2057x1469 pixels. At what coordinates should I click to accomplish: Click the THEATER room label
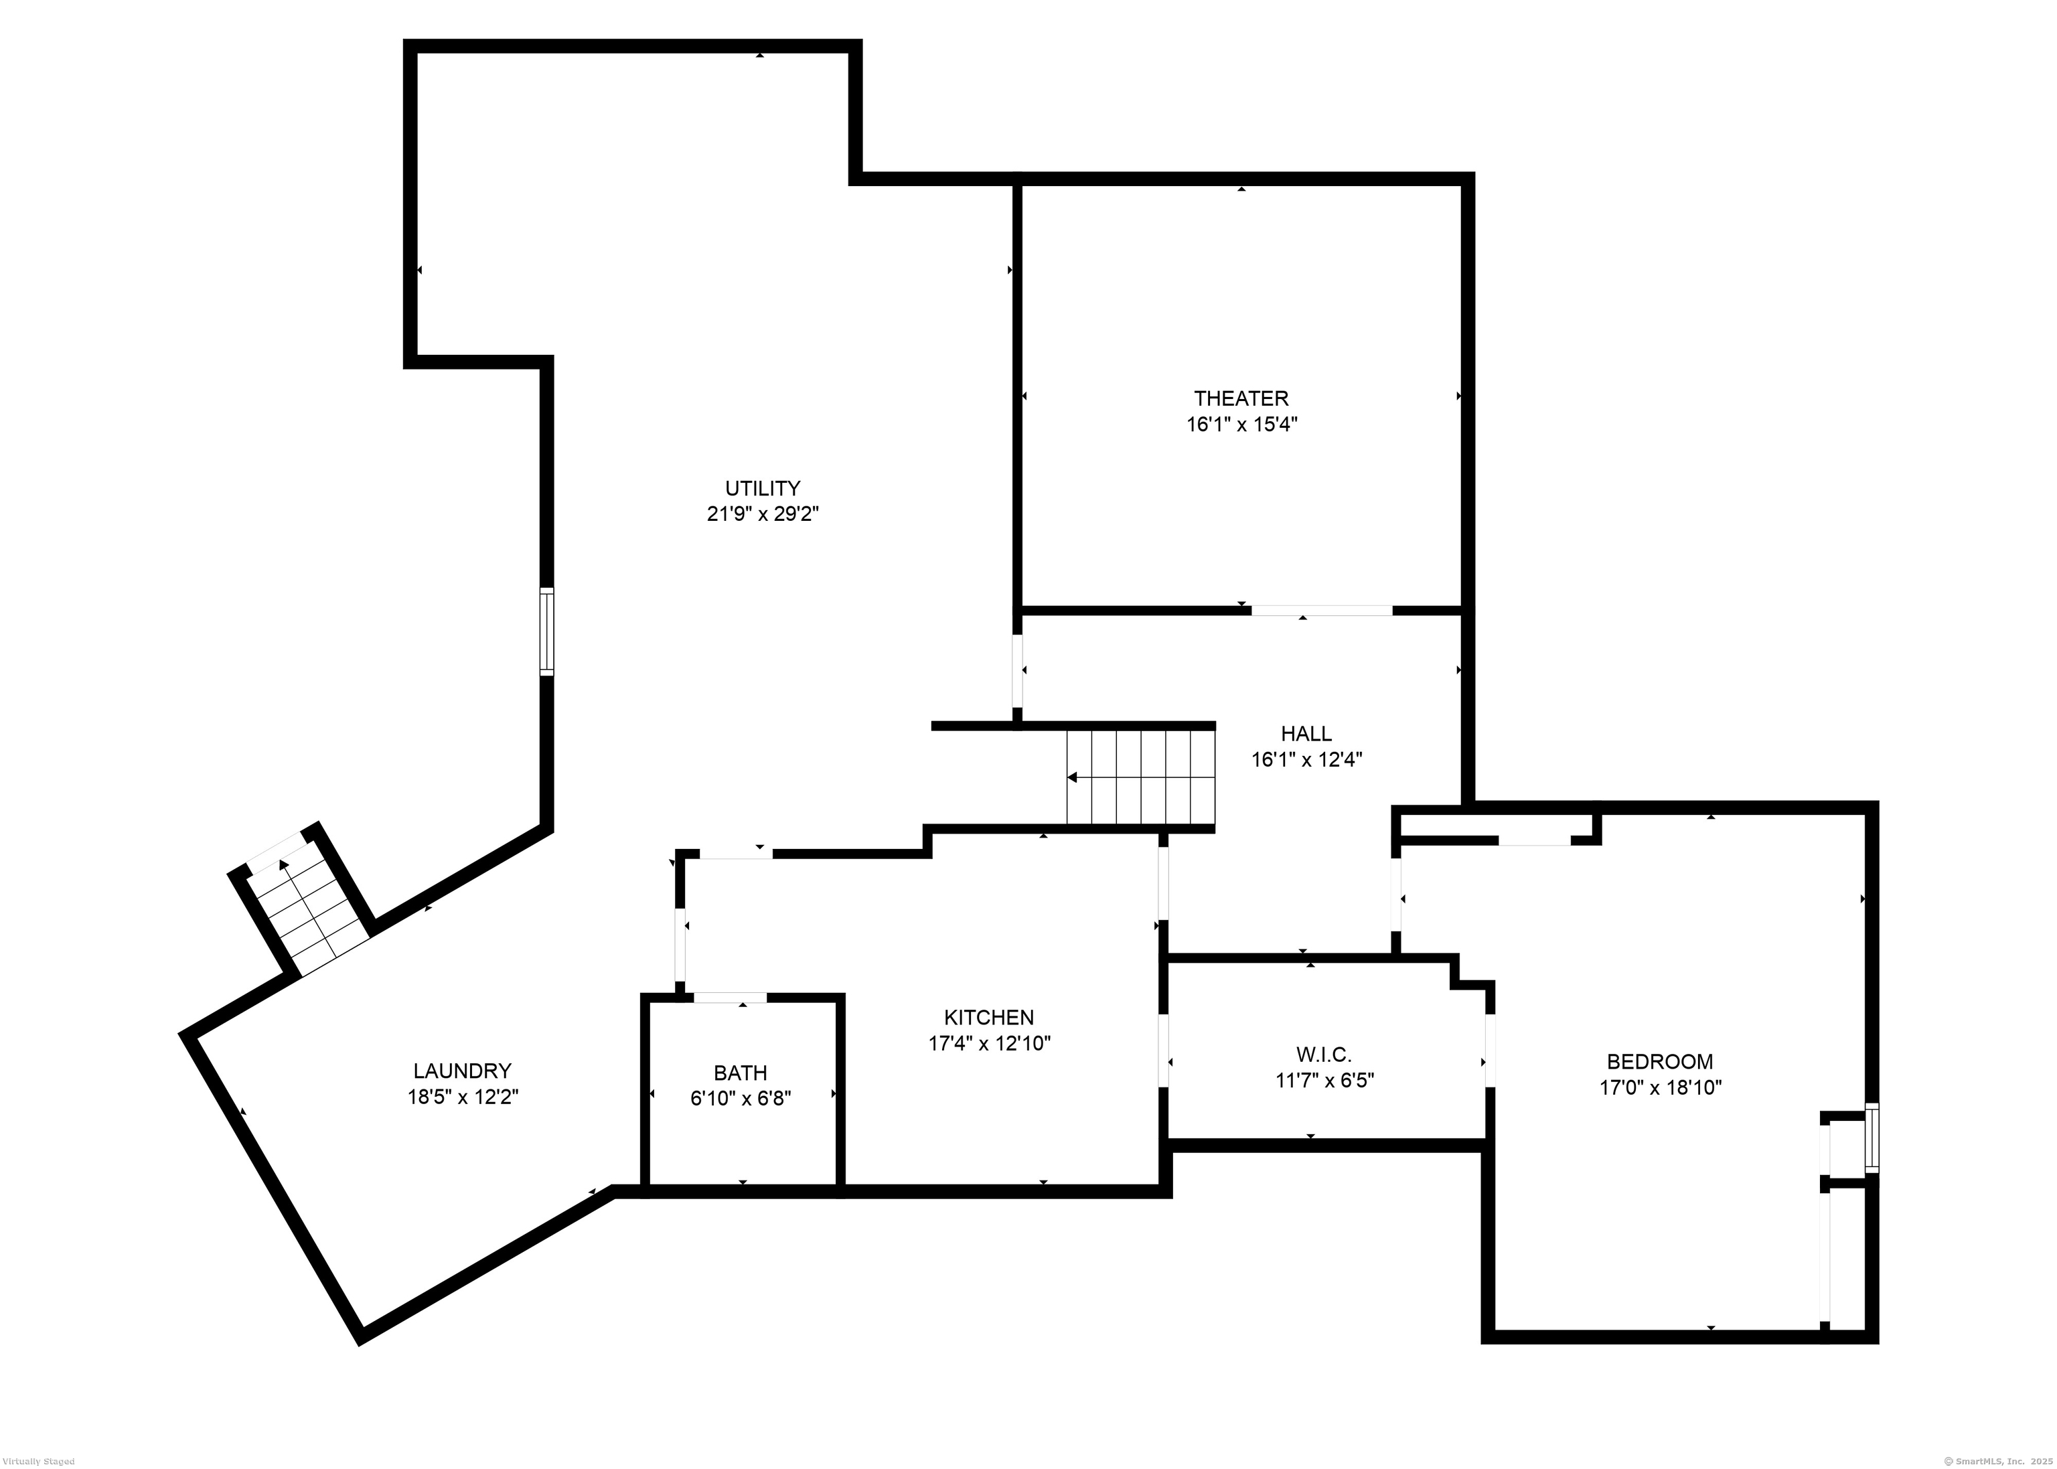(1240, 398)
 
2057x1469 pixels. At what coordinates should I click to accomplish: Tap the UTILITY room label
(763, 489)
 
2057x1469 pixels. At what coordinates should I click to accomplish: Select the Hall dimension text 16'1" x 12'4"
(1306, 760)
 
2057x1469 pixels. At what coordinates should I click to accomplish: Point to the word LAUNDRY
(462, 1071)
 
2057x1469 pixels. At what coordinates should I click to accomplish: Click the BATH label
(740, 1073)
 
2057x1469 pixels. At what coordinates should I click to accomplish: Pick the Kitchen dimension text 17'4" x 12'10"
(989, 1043)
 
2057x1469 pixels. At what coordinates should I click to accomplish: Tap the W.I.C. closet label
(1323, 1055)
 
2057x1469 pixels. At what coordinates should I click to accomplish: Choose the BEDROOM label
(1659, 1061)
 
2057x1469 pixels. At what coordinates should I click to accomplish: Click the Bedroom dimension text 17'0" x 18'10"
(1660, 1087)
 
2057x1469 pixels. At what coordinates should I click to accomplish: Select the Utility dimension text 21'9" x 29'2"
(763, 514)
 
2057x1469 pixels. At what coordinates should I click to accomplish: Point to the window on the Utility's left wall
(546, 631)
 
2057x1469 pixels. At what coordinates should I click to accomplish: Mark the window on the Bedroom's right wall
(1872, 1138)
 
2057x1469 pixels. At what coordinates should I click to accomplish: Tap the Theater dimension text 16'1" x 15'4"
(1241, 424)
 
